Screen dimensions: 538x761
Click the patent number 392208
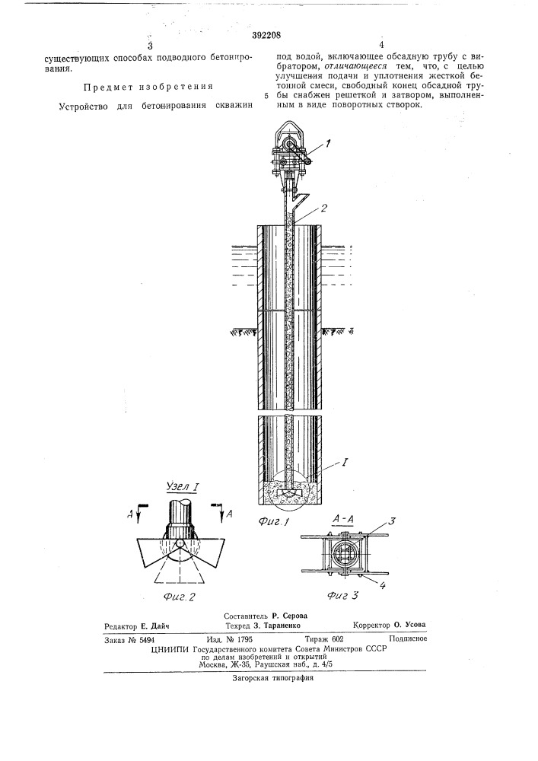click(266, 35)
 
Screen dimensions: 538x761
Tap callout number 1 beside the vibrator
click(329, 144)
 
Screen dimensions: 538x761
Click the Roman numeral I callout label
click(345, 462)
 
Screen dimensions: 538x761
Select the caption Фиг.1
click(274, 523)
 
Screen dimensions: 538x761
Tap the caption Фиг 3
click(342, 594)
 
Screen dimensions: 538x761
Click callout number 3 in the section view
click(391, 522)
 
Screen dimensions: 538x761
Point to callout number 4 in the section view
click(382, 585)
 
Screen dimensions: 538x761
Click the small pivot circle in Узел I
click(180, 543)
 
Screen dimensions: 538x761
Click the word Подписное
click(408, 638)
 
